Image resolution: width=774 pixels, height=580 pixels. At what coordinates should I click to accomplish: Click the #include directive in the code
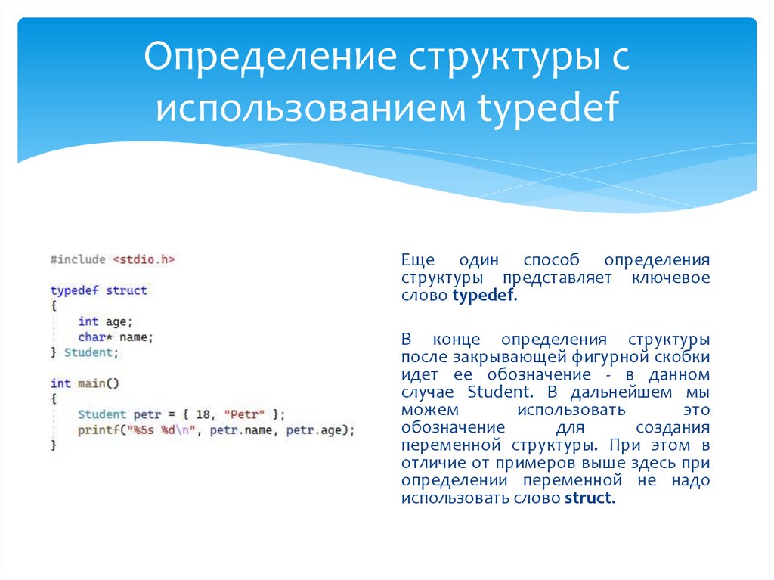78,259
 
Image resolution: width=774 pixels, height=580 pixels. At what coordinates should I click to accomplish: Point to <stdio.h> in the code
144,259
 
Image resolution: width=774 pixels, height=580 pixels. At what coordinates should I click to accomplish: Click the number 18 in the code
202,414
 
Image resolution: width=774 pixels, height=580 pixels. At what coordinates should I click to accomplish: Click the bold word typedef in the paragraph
484,296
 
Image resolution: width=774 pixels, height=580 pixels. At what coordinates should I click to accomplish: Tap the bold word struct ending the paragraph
589,498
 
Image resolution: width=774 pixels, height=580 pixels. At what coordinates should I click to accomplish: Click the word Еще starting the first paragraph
416,259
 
